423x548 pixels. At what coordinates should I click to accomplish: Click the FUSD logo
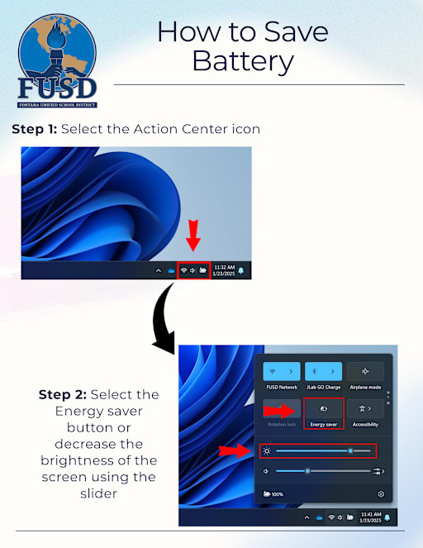[57, 60]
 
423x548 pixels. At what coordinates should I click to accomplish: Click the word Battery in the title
[242, 60]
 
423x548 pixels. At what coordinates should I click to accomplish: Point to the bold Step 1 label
[34, 129]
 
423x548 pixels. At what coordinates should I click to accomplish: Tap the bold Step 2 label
[65, 394]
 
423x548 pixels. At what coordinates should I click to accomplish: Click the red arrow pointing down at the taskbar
[192, 234]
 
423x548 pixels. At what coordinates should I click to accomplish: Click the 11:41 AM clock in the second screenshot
[372, 517]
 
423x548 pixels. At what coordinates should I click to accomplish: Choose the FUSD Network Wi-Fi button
[280, 371]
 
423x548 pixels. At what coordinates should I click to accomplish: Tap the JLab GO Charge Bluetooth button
[322, 371]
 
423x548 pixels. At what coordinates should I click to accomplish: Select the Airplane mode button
[365, 371]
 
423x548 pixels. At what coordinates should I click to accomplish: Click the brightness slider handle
[351, 450]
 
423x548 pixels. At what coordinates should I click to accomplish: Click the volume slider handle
[307, 471]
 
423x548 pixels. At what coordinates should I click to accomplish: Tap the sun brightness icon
[266, 450]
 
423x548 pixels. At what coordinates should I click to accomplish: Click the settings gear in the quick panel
[381, 493]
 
